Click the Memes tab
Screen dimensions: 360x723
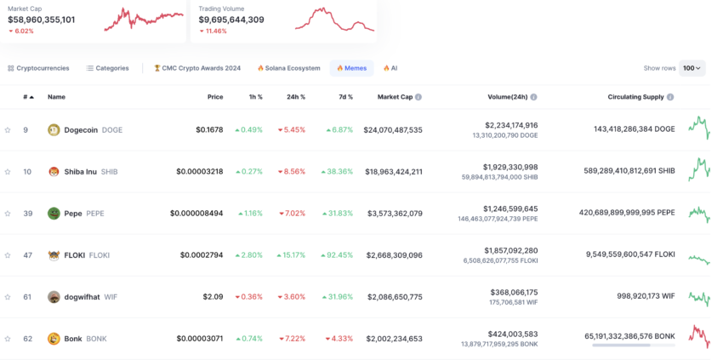tap(351, 68)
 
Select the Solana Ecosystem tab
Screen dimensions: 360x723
tap(289, 68)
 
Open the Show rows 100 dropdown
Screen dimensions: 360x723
tap(692, 68)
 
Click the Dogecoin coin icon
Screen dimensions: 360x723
tap(54, 130)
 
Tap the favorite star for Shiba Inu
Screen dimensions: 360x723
tap(8, 172)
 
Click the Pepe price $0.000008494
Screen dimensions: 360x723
tap(196, 214)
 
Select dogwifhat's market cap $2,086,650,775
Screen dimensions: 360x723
tap(394, 297)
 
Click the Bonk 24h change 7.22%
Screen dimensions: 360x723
tap(292, 339)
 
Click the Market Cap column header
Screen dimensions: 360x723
tap(395, 97)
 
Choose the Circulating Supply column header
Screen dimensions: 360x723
tap(635, 97)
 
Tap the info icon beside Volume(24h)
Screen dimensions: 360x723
tap(534, 97)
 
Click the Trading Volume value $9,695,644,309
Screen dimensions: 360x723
tap(231, 20)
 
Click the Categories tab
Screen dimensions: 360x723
tap(107, 68)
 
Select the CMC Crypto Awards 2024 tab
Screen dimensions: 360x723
tap(197, 68)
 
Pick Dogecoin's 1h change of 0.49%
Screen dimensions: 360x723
tap(248, 130)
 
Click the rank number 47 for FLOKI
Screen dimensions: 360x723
tap(27, 255)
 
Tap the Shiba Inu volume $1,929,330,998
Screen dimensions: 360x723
tap(510, 167)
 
